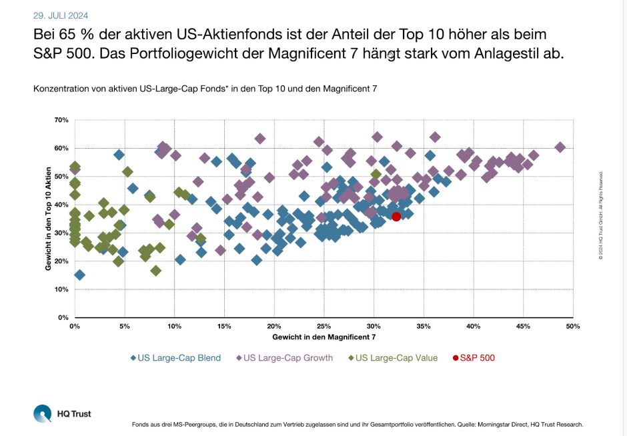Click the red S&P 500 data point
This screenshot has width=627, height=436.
point(396,216)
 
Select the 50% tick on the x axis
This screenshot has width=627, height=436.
point(572,327)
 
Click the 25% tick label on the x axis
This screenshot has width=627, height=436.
point(324,327)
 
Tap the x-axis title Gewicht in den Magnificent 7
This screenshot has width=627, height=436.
point(324,337)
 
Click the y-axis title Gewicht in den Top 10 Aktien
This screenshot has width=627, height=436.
point(48,219)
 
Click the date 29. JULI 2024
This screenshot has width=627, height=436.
point(61,15)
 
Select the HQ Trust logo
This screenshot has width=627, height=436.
point(62,413)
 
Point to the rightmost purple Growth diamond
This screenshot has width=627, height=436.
point(560,147)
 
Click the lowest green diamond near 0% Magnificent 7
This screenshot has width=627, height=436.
point(79,275)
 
